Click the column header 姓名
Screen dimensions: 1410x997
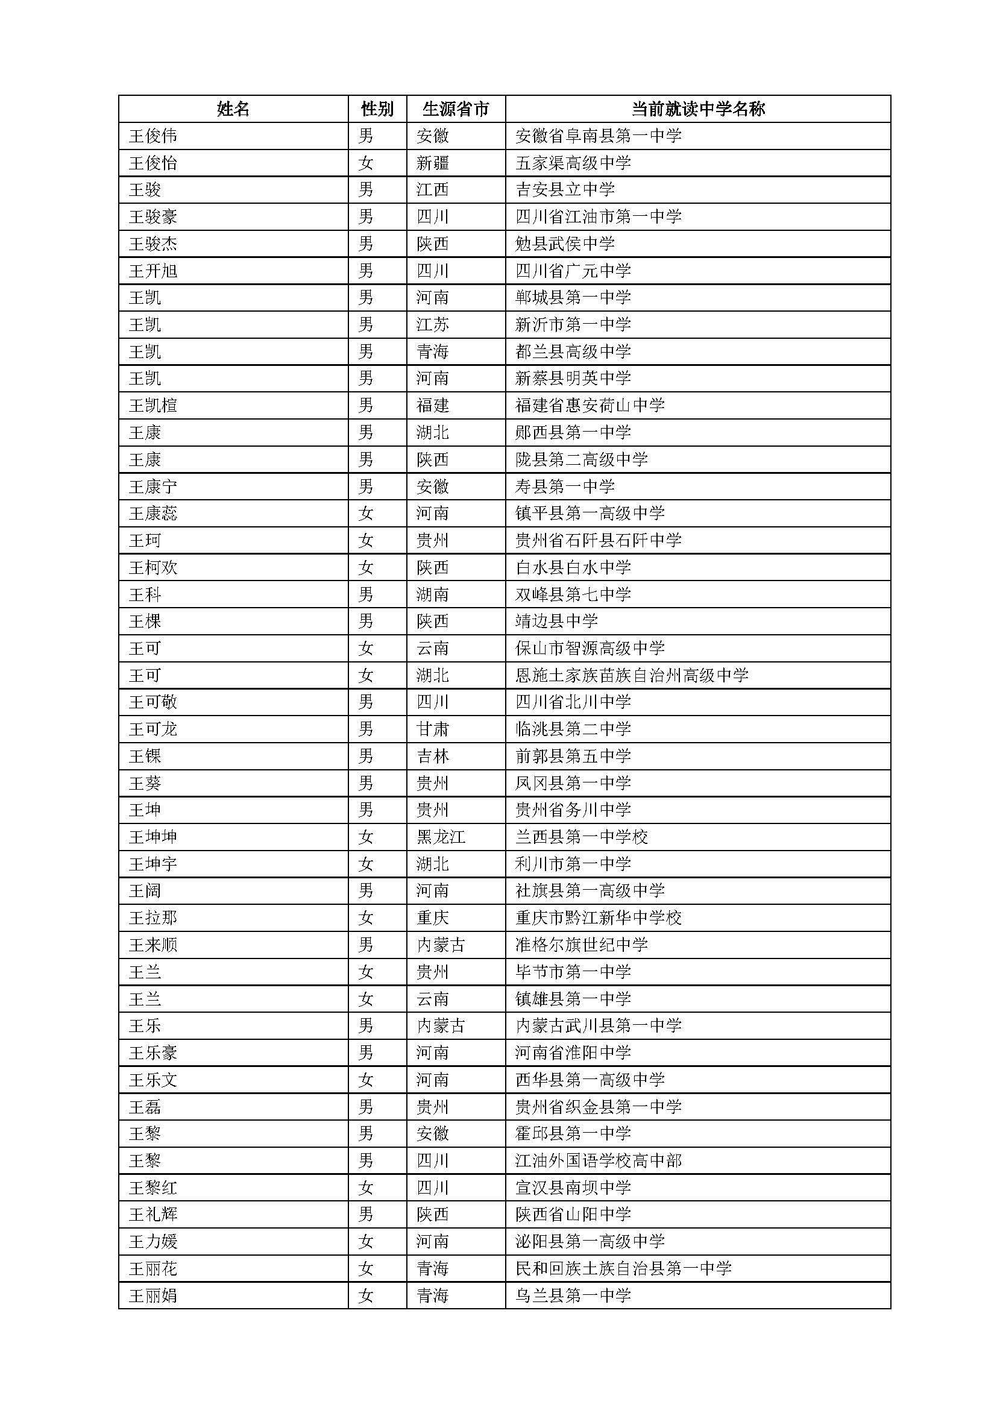tap(233, 109)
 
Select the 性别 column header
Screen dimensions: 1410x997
tap(377, 109)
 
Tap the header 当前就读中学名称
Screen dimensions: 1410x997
tap(698, 109)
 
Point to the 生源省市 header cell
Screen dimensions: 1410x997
tap(456, 109)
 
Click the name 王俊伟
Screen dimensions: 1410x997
tap(153, 136)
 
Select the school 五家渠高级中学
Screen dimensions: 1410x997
tap(573, 163)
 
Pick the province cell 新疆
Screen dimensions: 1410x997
tap(432, 163)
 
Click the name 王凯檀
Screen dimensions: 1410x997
tap(153, 405)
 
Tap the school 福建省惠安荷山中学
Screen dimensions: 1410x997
tap(590, 405)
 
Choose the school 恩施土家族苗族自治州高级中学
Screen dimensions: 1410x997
tap(632, 676)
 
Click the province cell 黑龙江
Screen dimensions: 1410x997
tap(441, 837)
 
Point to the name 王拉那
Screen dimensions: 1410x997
tap(153, 918)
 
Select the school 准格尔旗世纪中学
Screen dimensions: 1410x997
tap(581, 945)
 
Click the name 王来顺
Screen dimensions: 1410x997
tap(153, 945)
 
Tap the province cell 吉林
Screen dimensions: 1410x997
tap(432, 756)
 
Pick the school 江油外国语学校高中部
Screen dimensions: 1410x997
tap(598, 1160)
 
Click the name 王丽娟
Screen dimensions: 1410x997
tap(153, 1296)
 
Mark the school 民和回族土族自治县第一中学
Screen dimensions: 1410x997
tap(623, 1269)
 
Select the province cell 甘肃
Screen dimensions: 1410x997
tap(432, 729)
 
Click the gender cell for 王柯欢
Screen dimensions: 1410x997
tap(366, 567)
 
